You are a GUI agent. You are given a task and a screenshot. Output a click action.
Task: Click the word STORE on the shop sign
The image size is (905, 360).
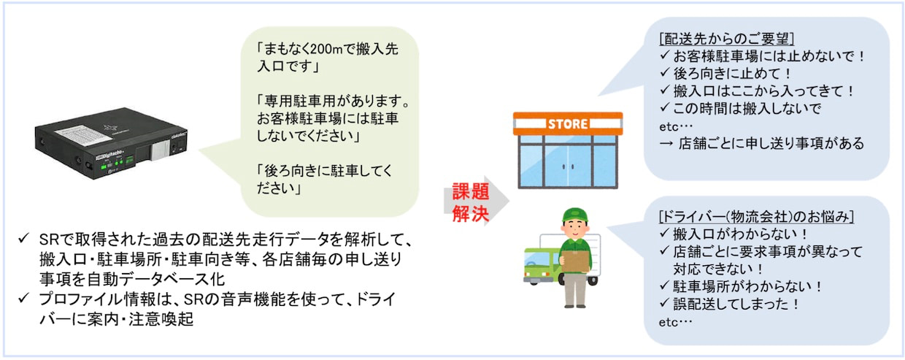pos(568,123)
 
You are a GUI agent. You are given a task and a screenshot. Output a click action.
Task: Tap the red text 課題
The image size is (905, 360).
pos(471,191)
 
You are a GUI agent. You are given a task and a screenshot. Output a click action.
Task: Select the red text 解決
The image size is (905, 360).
pos(471,213)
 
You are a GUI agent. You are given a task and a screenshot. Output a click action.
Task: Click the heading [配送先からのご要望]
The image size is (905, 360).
pos(726,39)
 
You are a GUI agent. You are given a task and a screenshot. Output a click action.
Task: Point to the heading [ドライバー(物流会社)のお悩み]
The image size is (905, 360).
pos(756,217)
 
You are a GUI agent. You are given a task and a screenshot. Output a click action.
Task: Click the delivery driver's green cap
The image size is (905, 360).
pos(574,215)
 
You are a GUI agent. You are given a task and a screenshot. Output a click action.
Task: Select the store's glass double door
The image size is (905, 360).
pos(568,166)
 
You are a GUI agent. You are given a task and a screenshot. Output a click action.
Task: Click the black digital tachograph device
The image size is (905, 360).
pos(111,145)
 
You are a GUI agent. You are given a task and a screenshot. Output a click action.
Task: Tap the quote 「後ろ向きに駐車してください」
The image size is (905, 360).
pos(325,180)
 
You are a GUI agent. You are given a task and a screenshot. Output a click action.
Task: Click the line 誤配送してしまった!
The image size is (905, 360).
pos(729,304)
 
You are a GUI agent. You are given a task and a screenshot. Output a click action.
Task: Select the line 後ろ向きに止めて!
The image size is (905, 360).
pos(725,74)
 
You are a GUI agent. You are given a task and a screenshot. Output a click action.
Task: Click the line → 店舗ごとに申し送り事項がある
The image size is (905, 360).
pos(761,143)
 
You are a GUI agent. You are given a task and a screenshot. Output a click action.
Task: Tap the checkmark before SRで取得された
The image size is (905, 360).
pos(24,238)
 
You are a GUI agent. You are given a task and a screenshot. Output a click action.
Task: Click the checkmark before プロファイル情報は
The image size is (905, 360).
pos(24,298)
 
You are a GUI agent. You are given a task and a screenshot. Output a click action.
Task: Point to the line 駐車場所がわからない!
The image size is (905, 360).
pos(740,286)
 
